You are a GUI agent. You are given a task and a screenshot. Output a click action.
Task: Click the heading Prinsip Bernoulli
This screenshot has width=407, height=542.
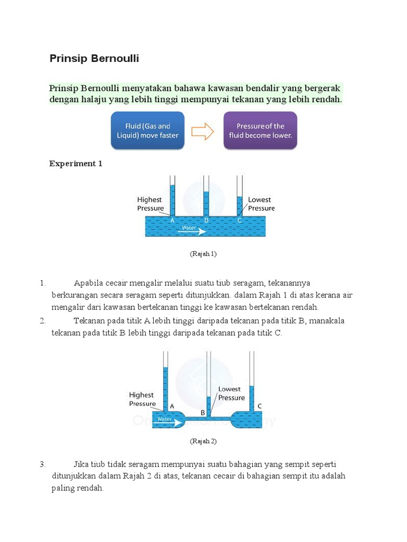pyautogui.click(x=94, y=59)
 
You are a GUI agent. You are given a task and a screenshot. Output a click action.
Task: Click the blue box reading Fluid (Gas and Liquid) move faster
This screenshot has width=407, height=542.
pyautogui.click(x=147, y=130)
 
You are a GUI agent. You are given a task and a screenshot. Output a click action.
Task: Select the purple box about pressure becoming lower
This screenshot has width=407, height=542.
pyautogui.click(x=260, y=130)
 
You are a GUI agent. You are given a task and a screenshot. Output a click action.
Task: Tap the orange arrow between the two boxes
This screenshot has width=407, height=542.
pyautogui.click(x=202, y=131)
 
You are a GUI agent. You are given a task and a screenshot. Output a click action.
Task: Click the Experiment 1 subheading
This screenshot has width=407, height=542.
pyautogui.click(x=76, y=164)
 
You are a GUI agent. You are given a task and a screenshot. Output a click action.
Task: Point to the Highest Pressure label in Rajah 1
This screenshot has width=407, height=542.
pyautogui.click(x=150, y=204)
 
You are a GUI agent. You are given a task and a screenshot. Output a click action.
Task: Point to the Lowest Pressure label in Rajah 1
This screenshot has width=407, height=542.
pyautogui.click(x=261, y=204)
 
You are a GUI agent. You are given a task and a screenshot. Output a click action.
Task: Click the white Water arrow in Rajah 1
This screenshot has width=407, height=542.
pyautogui.click(x=194, y=230)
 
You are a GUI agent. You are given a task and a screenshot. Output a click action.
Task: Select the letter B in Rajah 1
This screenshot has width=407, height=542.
pyautogui.click(x=206, y=220)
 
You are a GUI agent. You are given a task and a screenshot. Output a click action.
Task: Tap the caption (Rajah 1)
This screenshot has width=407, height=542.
pyautogui.click(x=203, y=254)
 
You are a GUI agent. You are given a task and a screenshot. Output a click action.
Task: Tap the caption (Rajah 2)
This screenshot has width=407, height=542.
pyautogui.click(x=203, y=441)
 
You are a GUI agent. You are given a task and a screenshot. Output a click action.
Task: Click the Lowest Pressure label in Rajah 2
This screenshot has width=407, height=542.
pyautogui.click(x=232, y=393)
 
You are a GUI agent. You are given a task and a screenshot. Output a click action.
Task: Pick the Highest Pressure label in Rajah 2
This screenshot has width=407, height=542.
pyautogui.click(x=142, y=399)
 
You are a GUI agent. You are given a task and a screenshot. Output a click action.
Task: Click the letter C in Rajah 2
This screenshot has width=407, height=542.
pyautogui.click(x=260, y=406)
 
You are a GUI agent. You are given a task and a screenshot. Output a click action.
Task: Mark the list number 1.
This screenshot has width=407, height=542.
pyautogui.click(x=43, y=283)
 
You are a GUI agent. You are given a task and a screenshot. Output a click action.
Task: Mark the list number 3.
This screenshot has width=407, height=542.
pyautogui.click(x=43, y=464)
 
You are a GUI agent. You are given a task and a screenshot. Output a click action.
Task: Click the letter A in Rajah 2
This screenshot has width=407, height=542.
pyautogui.click(x=172, y=406)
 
